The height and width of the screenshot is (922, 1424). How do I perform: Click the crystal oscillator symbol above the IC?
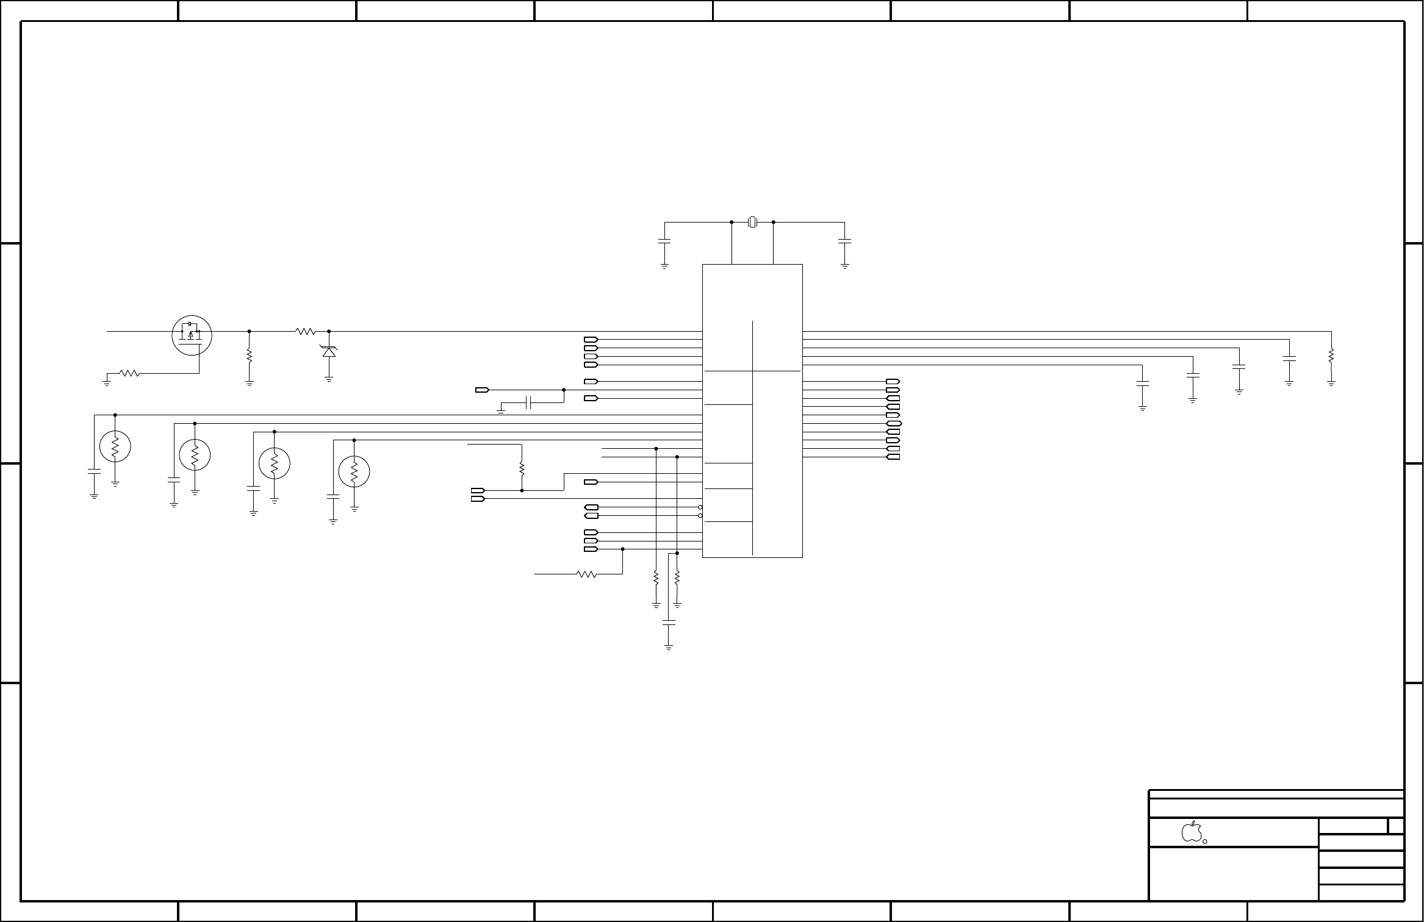[752, 223]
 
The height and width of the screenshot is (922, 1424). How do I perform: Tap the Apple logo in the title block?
[1191, 832]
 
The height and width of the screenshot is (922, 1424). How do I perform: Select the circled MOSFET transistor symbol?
[192, 335]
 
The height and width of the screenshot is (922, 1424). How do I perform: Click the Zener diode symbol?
[329, 352]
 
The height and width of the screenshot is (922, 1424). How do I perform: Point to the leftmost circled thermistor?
[115, 447]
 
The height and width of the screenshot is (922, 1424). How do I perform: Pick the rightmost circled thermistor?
[354, 471]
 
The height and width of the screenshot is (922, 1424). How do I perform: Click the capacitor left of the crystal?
[664, 242]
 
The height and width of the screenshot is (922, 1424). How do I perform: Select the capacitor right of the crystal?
[845, 242]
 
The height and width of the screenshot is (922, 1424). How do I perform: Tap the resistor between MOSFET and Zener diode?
[305, 332]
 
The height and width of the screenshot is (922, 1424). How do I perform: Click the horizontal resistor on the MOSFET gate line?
[129, 373]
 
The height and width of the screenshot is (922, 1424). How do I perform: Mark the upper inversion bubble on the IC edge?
[700, 507]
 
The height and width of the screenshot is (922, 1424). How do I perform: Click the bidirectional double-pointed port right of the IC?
[893, 423]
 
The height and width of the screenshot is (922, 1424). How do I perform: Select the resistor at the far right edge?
[1331, 356]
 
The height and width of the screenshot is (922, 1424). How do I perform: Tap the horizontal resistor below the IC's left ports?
[586, 574]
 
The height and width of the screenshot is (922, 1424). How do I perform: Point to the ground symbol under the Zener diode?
[329, 379]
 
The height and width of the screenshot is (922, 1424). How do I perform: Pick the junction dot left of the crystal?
[732, 223]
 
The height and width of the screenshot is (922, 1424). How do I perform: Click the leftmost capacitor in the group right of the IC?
[1143, 384]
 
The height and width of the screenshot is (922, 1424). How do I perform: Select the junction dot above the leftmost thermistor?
[115, 415]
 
